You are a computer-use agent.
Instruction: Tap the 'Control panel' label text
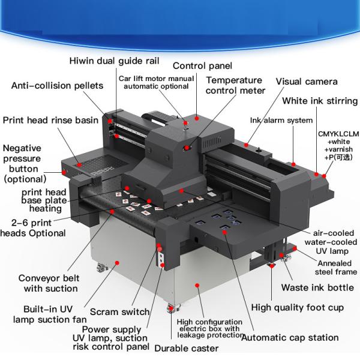click(x=202, y=65)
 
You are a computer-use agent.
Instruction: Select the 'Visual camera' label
click(x=307, y=81)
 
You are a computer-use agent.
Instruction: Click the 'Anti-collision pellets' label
click(x=57, y=85)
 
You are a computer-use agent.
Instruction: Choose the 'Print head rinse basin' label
click(x=50, y=120)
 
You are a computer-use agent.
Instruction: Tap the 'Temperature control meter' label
click(x=235, y=85)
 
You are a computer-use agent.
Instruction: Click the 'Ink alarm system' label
click(x=281, y=120)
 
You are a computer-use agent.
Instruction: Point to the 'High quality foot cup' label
click(x=297, y=308)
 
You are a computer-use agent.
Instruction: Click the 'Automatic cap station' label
click(x=298, y=338)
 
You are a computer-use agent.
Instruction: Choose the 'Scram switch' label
click(x=119, y=311)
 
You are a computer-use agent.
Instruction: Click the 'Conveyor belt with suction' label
click(x=47, y=283)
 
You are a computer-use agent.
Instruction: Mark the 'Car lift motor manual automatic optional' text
click(x=156, y=83)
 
